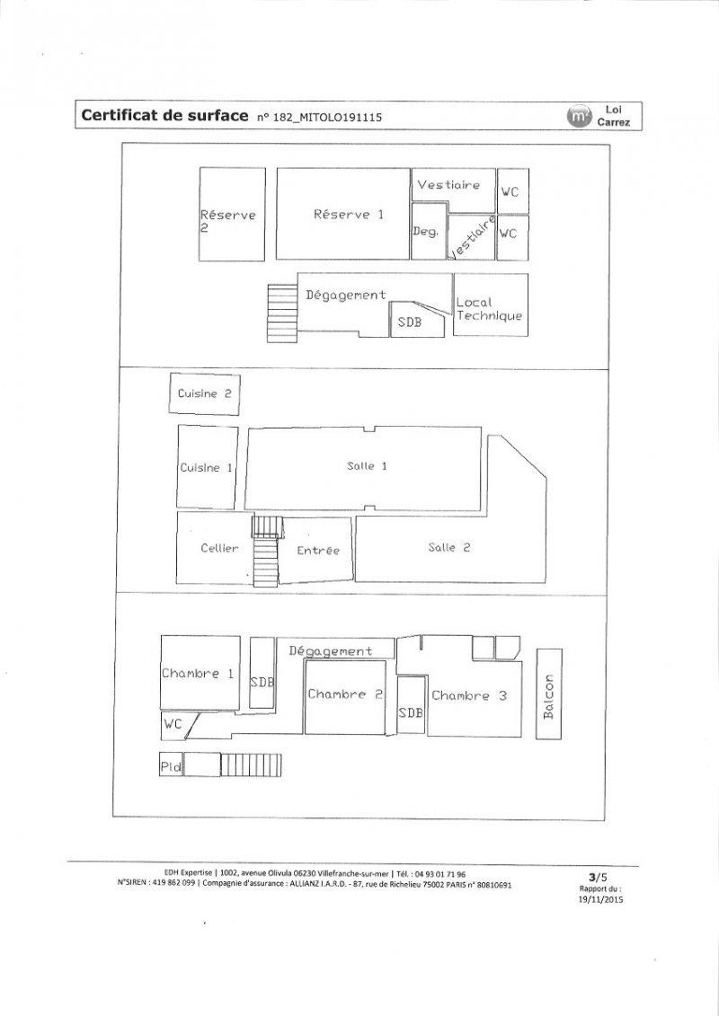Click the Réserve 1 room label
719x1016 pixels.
(x=349, y=215)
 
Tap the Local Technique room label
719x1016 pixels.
(x=489, y=309)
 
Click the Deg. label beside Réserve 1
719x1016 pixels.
(x=425, y=232)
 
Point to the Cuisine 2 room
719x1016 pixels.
(x=204, y=394)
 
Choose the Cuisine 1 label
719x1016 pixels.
(x=206, y=467)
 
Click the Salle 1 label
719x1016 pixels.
(x=367, y=465)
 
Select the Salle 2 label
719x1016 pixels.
(x=449, y=547)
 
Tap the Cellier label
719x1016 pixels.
(x=219, y=548)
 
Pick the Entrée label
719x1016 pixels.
(x=317, y=550)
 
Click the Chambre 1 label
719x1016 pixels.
(x=198, y=673)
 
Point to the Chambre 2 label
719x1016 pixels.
(x=345, y=694)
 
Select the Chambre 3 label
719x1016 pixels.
(x=469, y=696)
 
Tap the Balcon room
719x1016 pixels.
(x=549, y=694)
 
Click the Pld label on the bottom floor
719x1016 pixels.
(x=171, y=767)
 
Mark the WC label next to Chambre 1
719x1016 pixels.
(x=173, y=724)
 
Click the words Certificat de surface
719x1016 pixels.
(x=164, y=116)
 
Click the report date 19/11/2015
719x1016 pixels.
(x=600, y=898)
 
